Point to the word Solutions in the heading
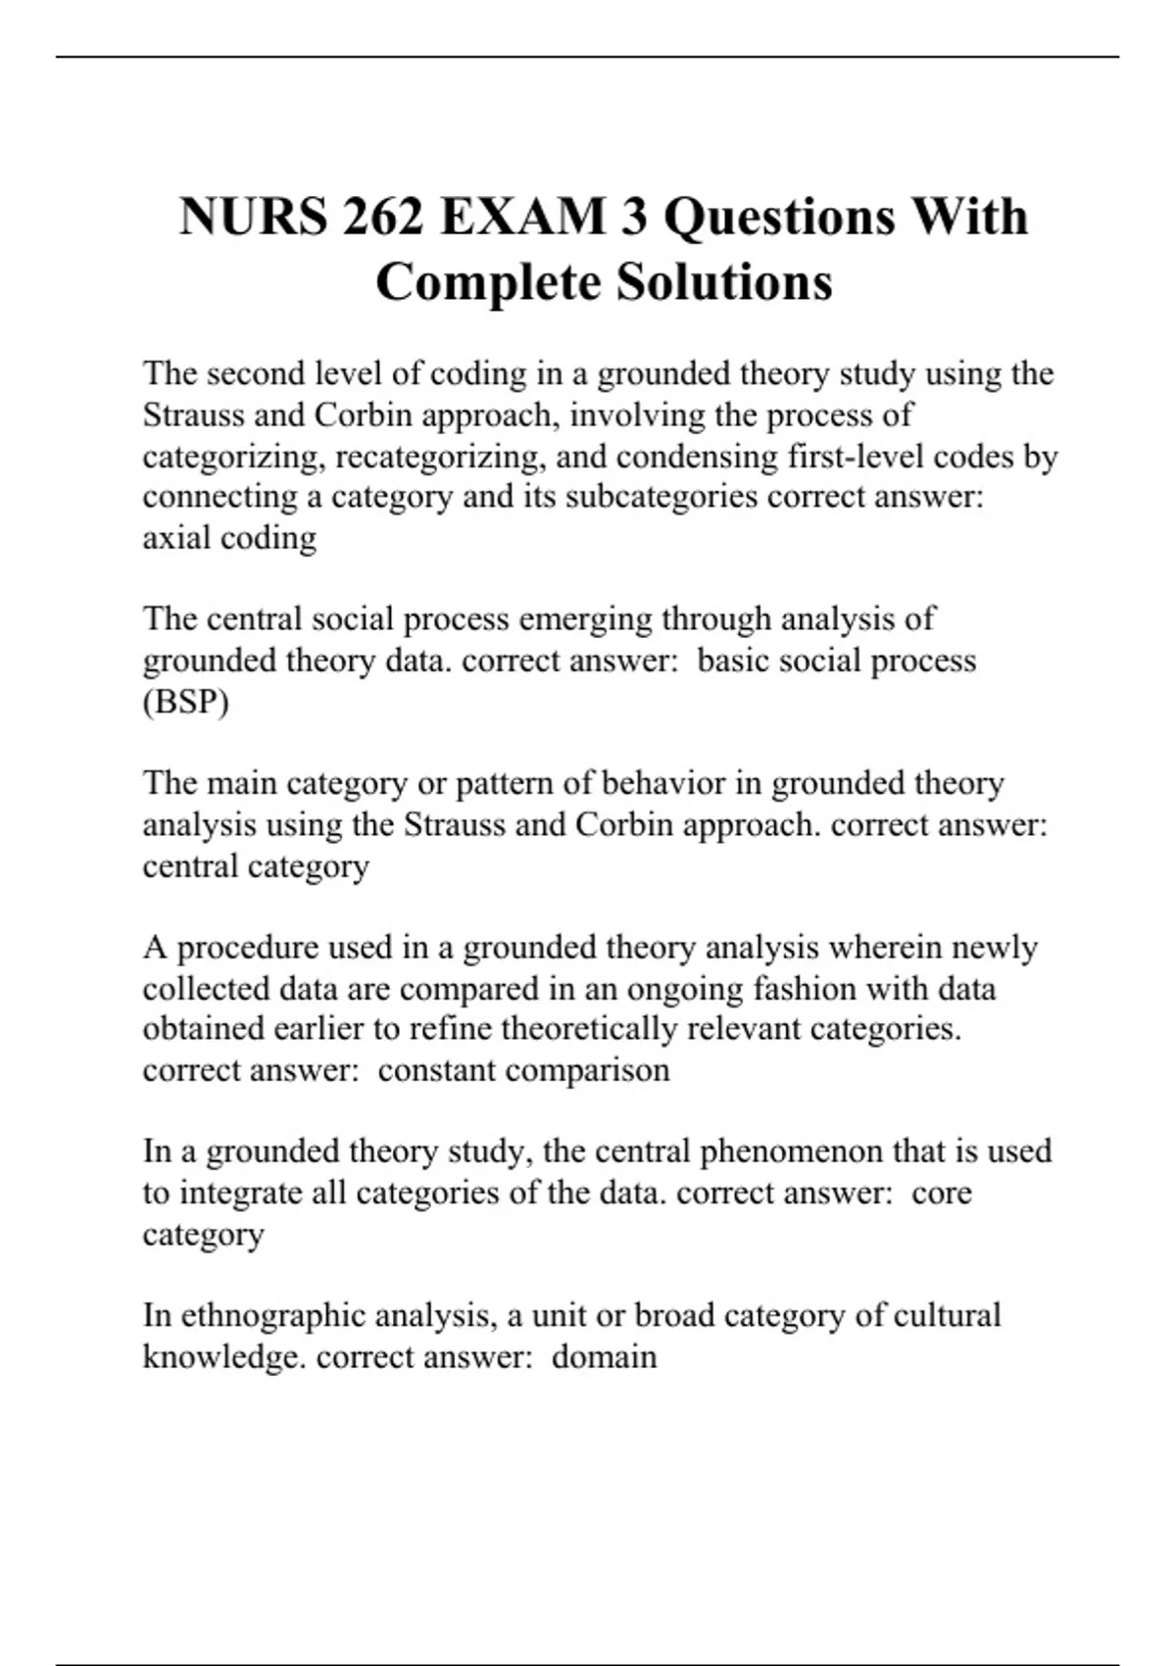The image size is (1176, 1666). click(724, 282)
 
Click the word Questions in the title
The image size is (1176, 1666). click(778, 217)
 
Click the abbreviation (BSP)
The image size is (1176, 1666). click(185, 703)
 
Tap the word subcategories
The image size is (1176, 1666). click(661, 497)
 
